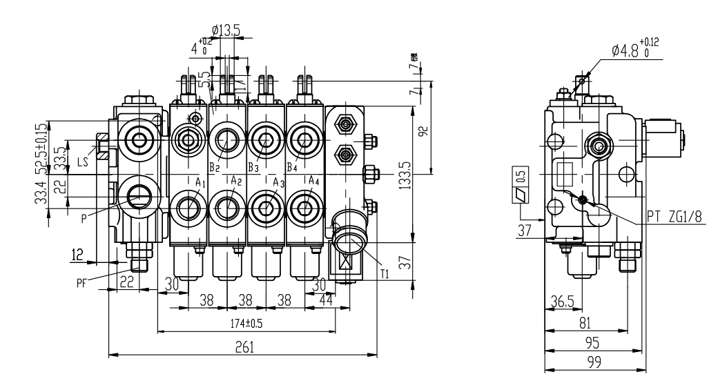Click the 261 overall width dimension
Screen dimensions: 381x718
point(242,348)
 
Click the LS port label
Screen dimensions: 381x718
point(82,163)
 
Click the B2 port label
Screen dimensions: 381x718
point(214,167)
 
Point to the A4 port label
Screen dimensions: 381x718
point(314,181)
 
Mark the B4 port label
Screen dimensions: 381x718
point(292,167)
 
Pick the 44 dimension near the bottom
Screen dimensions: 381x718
point(323,302)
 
